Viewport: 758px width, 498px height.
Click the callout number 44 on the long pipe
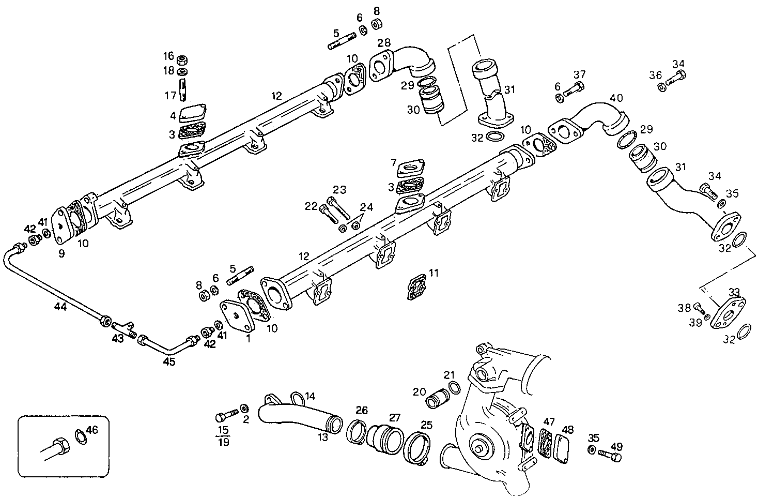click(60, 307)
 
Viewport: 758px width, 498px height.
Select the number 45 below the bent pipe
click(169, 361)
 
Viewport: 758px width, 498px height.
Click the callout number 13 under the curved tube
click(322, 437)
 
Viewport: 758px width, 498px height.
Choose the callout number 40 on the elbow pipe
click(616, 98)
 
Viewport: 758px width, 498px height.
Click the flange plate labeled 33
click(728, 312)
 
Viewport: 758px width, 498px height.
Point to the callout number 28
click(384, 41)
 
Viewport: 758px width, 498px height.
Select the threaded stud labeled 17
click(183, 89)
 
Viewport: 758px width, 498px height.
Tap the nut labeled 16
click(182, 58)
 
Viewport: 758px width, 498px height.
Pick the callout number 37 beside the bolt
click(579, 74)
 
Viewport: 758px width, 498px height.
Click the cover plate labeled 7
click(411, 168)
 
